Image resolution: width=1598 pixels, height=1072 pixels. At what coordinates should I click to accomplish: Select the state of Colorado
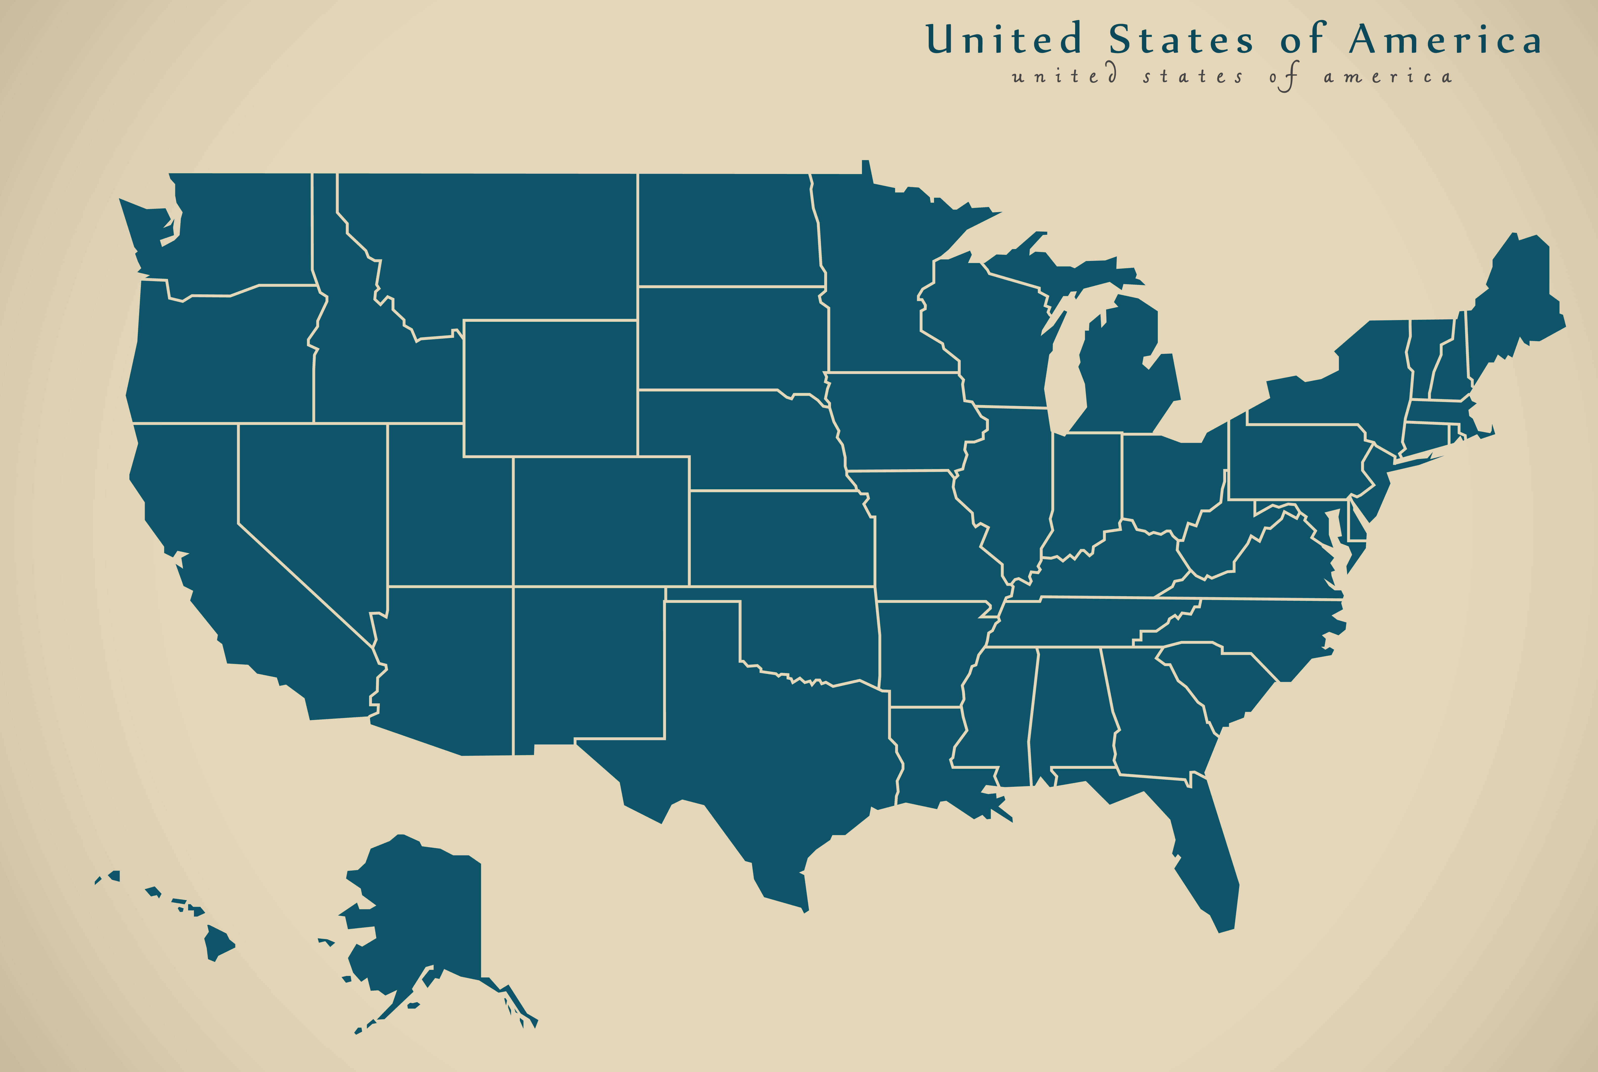coord(600,521)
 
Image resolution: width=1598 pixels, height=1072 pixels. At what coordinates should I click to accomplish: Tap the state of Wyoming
coord(550,388)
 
